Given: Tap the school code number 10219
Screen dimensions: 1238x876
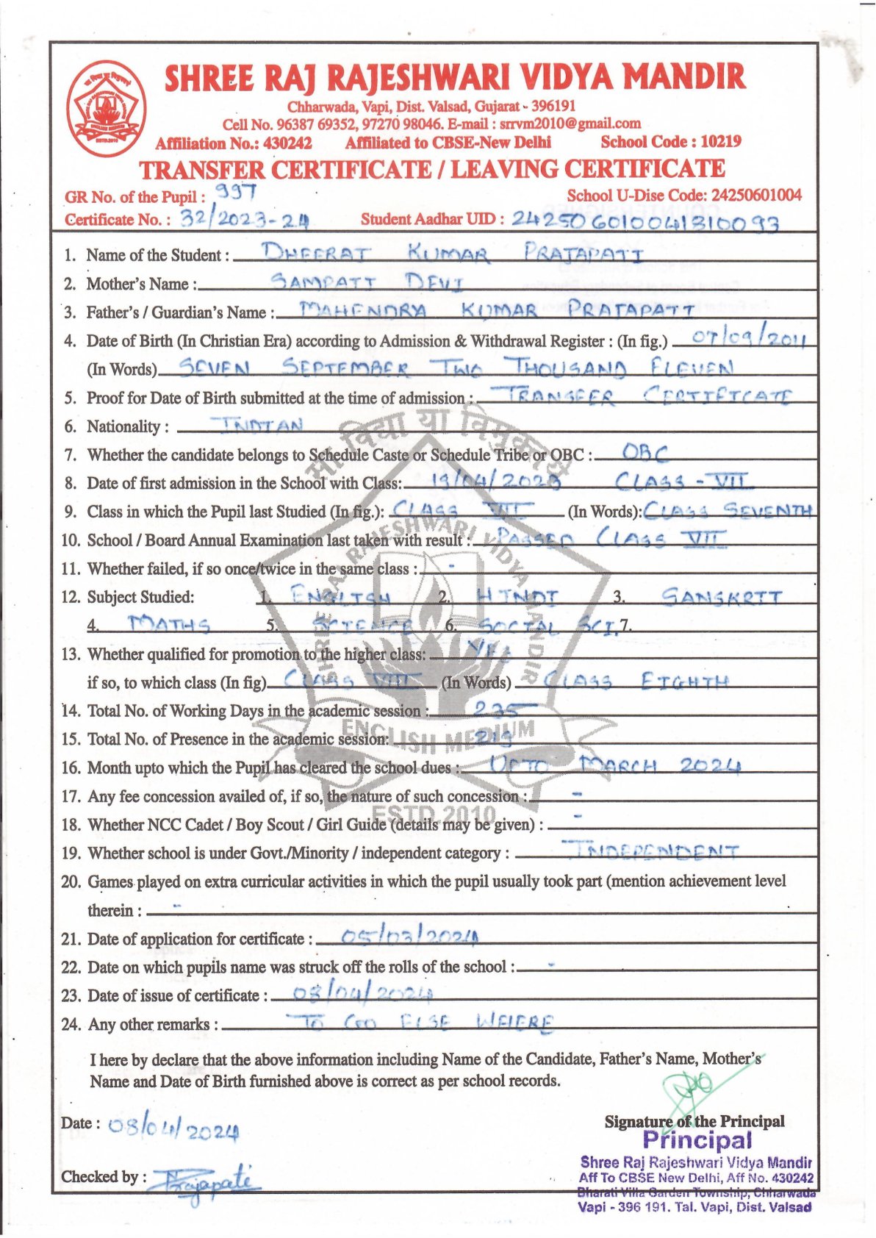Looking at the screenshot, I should pos(720,141).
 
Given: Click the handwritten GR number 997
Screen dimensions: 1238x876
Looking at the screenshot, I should pos(234,193).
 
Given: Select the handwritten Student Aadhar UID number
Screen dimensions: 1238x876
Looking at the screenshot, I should pos(645,220).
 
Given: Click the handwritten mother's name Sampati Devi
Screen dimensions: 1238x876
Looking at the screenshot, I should pos(367,282).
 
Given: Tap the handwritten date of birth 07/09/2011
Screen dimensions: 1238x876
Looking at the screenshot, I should pos(740,339).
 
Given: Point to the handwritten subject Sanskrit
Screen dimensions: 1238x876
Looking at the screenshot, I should pos(721,596).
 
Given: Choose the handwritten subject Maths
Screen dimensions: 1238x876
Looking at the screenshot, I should pos(169,625).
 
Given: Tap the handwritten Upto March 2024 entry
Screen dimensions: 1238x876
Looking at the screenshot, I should pos(614,766).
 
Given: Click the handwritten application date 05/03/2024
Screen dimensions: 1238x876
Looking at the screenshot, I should pos(401,937).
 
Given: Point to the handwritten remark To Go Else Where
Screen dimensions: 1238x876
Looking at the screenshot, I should pos(420,1022).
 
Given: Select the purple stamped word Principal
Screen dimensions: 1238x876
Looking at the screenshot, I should pos(697,1140).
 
